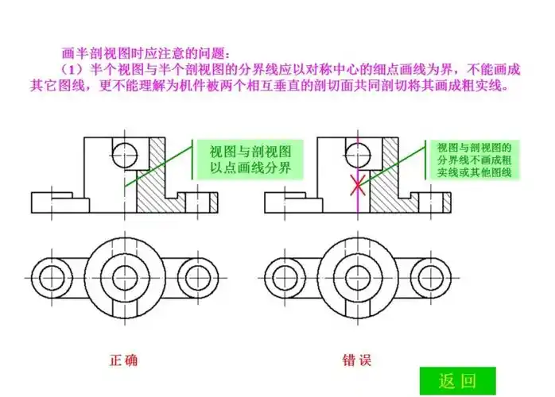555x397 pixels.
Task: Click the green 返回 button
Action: coord(458,381)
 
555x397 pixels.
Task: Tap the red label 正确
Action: coord(123,360)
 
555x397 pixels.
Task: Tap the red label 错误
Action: coord(357,360)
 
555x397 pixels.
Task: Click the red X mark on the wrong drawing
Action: coord(358,185)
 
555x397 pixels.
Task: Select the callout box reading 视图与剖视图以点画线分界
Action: coord(250,160)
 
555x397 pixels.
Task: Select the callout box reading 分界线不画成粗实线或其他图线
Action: coord(475,160)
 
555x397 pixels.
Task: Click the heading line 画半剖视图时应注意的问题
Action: coord(146,53)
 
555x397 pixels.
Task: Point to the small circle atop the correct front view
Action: coord(124,155)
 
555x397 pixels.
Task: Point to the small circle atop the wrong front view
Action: coord(358,155)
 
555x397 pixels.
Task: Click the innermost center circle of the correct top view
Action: coord(125,278)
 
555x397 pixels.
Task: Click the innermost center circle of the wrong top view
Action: coord(358,278)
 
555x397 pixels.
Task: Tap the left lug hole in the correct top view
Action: coord(52,278)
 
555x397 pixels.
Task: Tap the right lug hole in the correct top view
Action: coord(197,278)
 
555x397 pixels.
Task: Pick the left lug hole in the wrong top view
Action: coord(285,278)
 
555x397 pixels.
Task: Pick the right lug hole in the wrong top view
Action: coord(430,278)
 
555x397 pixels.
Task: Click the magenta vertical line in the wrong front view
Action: coord(358,175)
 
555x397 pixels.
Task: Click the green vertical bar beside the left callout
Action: coord(192,159)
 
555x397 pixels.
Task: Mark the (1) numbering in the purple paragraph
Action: coord(72,70)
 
